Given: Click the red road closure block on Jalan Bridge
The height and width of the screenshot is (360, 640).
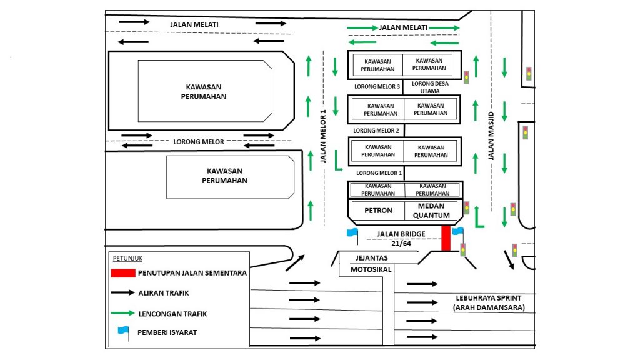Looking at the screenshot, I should (446, 238).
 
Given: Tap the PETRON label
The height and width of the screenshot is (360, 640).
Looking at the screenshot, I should (379, 211).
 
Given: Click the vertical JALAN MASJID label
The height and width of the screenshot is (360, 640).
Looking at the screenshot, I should (491, 135).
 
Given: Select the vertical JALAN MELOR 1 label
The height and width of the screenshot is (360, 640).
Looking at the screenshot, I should (324, 137).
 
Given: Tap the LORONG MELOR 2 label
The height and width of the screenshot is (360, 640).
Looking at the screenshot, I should (376, 131).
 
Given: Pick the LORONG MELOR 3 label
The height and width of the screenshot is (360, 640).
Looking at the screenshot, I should (377, 86).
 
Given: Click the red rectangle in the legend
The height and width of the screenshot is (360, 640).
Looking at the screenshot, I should (123, 273).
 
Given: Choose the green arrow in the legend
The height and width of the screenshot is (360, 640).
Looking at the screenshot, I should (123, 313).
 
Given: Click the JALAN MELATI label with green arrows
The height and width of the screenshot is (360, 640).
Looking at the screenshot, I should (403, 27).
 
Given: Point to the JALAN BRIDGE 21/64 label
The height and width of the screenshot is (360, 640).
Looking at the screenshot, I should (401, 238).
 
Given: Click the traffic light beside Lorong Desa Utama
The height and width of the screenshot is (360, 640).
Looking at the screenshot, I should (466, 77).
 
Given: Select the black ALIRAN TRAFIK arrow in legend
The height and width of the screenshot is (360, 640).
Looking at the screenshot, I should (123, 292).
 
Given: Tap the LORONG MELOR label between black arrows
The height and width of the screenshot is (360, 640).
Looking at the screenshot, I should (199, 142).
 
